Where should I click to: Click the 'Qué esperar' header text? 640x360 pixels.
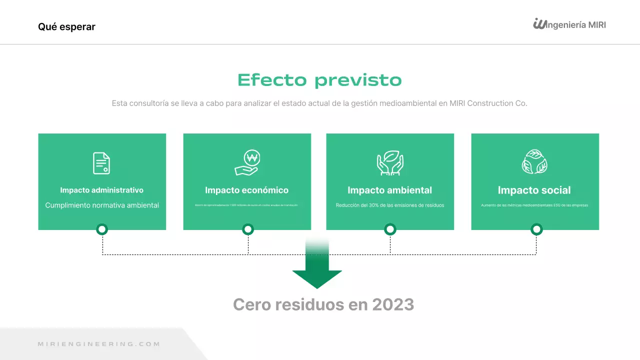point(66,26)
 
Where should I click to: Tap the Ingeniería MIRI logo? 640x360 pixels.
point(569,24)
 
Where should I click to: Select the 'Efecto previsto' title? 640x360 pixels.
point(319,80)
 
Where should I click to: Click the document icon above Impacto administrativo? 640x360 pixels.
point(101,163)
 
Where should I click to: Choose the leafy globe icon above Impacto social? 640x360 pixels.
point(534,162)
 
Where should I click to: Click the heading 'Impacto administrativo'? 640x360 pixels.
point(102,190)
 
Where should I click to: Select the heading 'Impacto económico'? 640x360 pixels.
point(246,190)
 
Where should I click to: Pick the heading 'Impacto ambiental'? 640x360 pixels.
point(389,190)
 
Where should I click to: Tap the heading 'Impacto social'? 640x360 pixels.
point(534,190)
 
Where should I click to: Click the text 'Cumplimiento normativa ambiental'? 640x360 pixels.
point(102,205)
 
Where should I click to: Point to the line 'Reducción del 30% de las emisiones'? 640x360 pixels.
point(390,205)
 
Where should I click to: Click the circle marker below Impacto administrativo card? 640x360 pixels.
point(102,229)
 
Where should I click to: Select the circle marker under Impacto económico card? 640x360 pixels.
point(248,229)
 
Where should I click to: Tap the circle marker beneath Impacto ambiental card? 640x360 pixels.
point(390,229)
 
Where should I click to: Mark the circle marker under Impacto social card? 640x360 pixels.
point(536,229)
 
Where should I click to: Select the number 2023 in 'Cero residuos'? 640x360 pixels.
point(392,304)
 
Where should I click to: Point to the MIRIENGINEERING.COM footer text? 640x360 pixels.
point(99,344)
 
